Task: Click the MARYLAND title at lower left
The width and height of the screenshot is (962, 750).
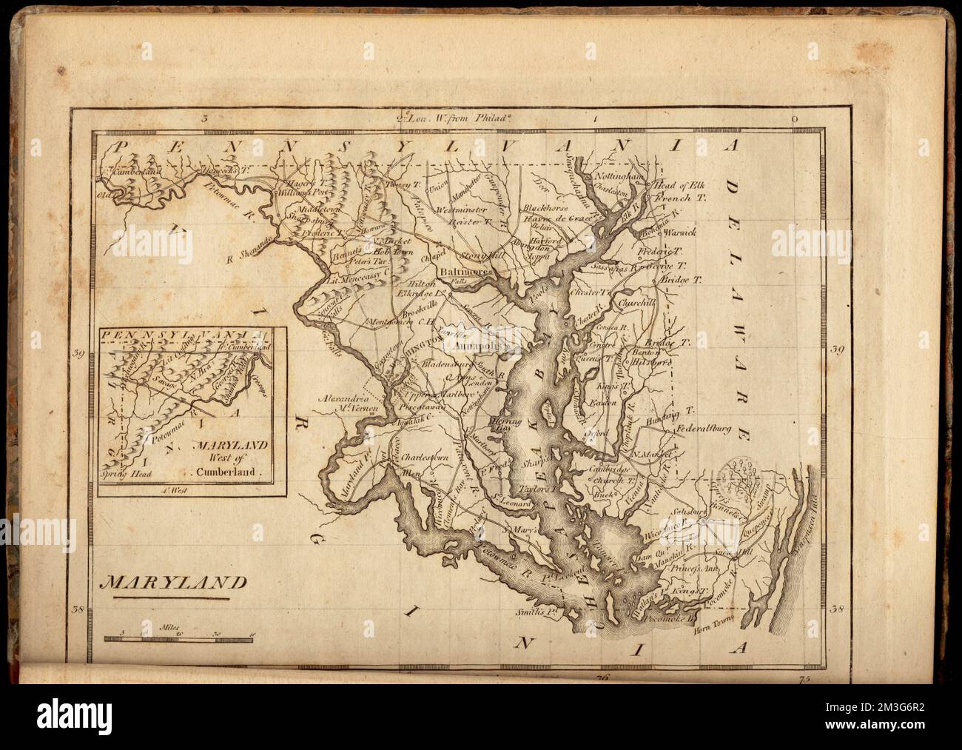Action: coord(164,582)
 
